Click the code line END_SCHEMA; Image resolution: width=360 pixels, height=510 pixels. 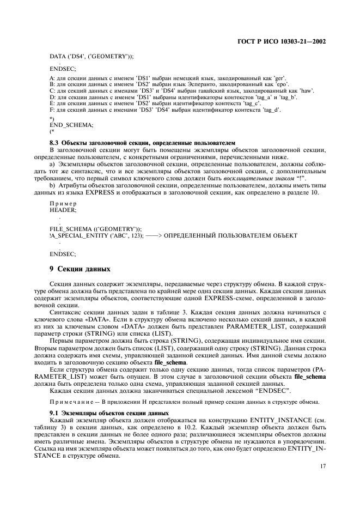[x=71, y=124]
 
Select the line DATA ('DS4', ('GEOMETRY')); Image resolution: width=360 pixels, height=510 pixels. [x=91, y=57]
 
